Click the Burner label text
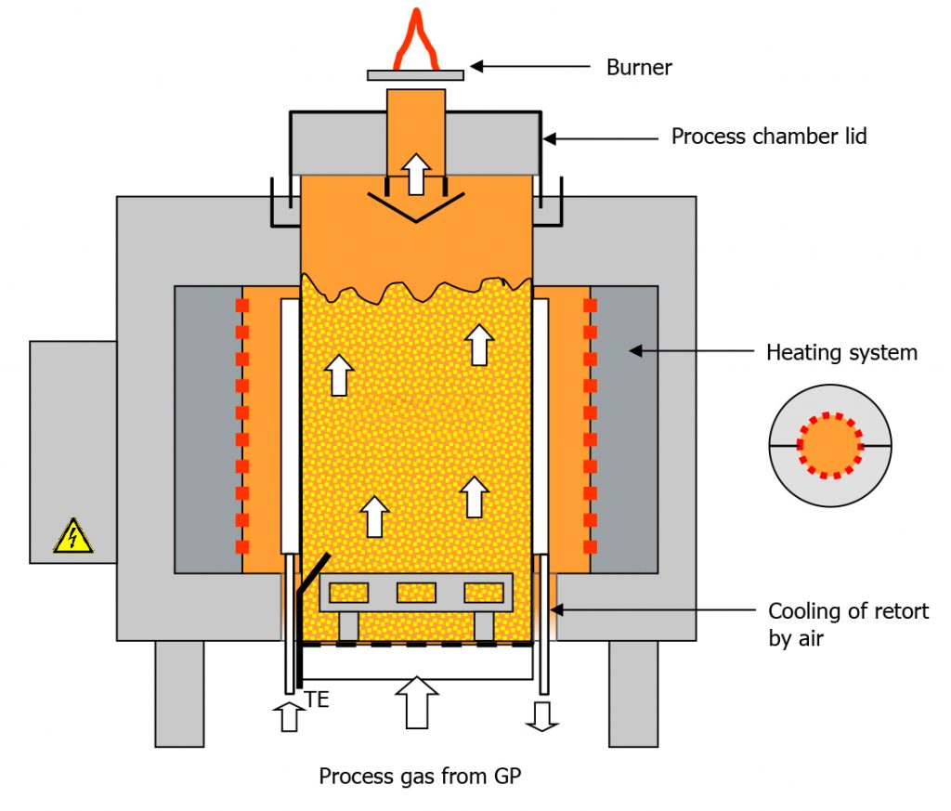(639, 67)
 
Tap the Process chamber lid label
(769, 137)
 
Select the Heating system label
(840, 352)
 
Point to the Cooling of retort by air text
(848, 624)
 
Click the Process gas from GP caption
(421, 776)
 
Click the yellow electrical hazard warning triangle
(72, 537)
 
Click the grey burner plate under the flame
(415, 73)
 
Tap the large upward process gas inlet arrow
(417, 700)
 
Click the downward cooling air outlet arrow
(543, 714)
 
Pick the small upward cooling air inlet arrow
(289, 717)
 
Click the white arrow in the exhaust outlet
(416, 174)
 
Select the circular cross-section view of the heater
(830, 446)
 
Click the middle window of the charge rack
(416, 592)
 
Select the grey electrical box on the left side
(72, 451)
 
